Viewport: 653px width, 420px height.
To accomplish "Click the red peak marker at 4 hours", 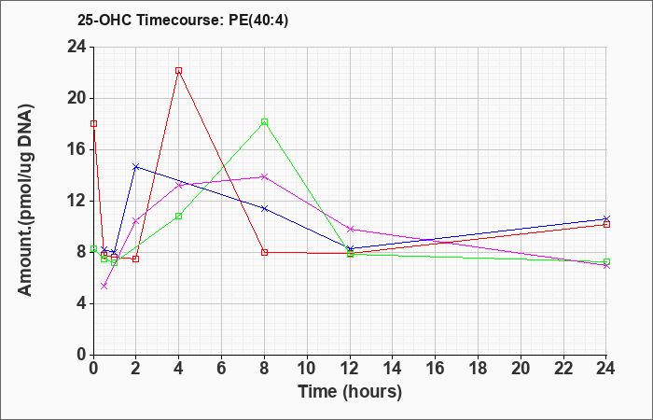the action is point(179,71).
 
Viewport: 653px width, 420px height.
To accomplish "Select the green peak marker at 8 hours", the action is point(264,121).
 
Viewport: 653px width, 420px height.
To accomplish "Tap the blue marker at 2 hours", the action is point(136,167).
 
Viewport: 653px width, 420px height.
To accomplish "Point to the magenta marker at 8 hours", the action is point(264,176).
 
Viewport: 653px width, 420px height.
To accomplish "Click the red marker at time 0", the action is point(93,124).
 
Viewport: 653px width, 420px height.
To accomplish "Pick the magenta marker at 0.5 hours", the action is point(104,286).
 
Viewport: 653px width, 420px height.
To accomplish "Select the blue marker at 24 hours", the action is point(606,218).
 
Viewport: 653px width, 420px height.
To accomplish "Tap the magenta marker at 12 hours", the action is point(350,230).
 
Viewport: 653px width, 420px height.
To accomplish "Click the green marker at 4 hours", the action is point(179,216).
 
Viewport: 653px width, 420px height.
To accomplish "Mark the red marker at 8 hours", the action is point(264,252).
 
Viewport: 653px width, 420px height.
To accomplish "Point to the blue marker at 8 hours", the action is point(264,208).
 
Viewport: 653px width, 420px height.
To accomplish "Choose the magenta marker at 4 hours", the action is point(179,185).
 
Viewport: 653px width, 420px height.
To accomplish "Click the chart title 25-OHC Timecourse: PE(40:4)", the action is point(183,21).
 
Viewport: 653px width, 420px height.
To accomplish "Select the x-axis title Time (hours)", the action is point(350,392).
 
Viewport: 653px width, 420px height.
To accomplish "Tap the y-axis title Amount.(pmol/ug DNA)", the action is point(26,200).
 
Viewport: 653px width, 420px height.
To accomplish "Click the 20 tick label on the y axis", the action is point(77,99).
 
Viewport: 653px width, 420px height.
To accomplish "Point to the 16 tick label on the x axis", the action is point(436,369).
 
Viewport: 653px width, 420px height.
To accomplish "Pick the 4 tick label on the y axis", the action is point(82,303).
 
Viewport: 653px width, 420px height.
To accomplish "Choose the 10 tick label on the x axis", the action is point(307,369).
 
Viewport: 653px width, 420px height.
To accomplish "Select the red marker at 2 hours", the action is point(136,259).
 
